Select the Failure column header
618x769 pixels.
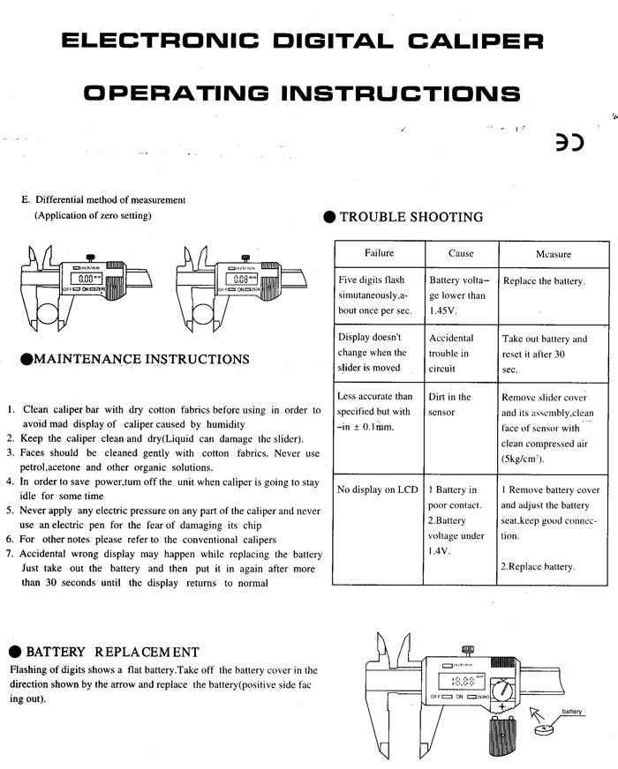(379, 253)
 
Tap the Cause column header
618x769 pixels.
(461, 253)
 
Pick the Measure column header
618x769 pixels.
(554, 254)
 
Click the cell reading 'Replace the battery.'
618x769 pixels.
(543, 281)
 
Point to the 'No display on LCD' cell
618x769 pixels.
(377, 489)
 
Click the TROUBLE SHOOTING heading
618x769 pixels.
(411, 217)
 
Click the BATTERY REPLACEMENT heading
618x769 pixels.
(112, 653)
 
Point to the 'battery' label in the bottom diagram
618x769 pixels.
(571, 711)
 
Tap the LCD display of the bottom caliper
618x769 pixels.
(463, 682)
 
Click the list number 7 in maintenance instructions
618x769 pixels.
(9, 554)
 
